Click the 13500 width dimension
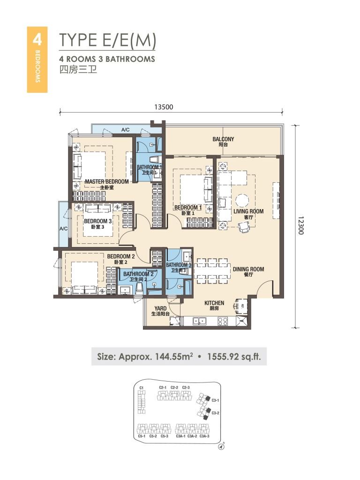pyautogui.click(x=164, y=107)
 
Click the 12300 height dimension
pyautogui.click(x=300, y=226)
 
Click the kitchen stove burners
pyautogui.click(x=223, y=322)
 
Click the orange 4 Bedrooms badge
pyautogui.click(x=37, y=59)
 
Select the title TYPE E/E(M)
pyautogui.click(x=107, y=41)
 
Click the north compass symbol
pyautogui.click(x=221, y=447)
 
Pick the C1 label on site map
pyautogui.click(x=141, y=388)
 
